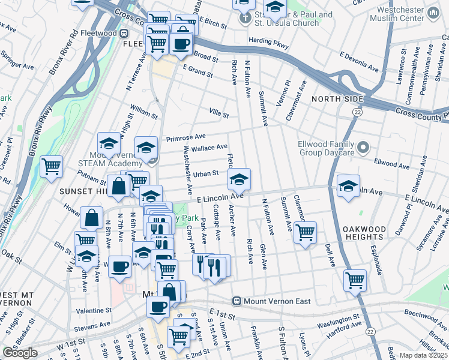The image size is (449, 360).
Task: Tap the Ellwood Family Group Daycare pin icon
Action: pos(363,147)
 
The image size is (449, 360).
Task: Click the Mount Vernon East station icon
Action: pos(237,301)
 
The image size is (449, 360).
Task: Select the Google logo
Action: pos(19,353)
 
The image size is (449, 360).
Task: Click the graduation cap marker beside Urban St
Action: pos(239,179)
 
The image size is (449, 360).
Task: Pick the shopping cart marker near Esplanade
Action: pos(355,280)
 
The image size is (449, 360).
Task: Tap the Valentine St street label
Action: pos(94,311)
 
